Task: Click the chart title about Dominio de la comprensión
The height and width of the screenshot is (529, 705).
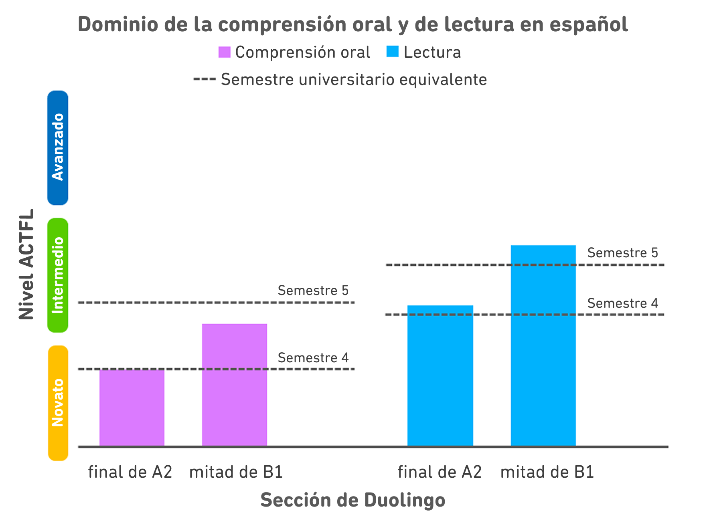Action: [x=352, y=24]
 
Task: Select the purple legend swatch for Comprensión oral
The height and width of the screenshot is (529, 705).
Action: [x=225, y=52]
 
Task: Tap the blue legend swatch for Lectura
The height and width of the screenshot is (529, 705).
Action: [x=393, y=52]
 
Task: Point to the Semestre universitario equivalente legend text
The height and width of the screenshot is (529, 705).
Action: [x=354, y=79]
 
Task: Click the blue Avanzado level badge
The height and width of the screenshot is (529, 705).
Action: [x=58, y=147]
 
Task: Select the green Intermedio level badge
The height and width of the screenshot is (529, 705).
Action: [x=58, y=275]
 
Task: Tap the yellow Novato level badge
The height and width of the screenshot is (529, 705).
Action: [x=58, y=402]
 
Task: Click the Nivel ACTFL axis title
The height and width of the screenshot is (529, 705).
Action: [x=26, y=264]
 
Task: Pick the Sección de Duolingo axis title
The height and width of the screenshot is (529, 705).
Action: [x=352, y=500]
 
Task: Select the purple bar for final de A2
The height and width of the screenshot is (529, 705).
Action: [x=132, y=407]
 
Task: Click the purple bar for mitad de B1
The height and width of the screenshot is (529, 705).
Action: [x=235, y=385]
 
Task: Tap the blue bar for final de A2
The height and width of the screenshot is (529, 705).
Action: [x=440, y=376]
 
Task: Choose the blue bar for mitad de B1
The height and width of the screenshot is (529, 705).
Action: [x=543, y=345]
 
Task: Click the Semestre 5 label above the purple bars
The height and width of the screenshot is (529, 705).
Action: [x=313, y=291]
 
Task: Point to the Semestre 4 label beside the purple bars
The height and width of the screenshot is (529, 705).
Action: [x=313, y=357]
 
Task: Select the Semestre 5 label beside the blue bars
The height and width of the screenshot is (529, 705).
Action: [x=622, y=253]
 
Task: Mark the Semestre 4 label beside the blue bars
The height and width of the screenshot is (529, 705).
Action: [x=622, y=303]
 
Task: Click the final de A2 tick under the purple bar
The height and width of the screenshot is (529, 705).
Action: [x=130, y=472]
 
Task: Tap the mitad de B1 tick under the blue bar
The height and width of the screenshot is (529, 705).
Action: [x=547, y=472]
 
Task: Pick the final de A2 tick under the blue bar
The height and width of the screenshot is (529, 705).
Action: [x=440, y=472]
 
